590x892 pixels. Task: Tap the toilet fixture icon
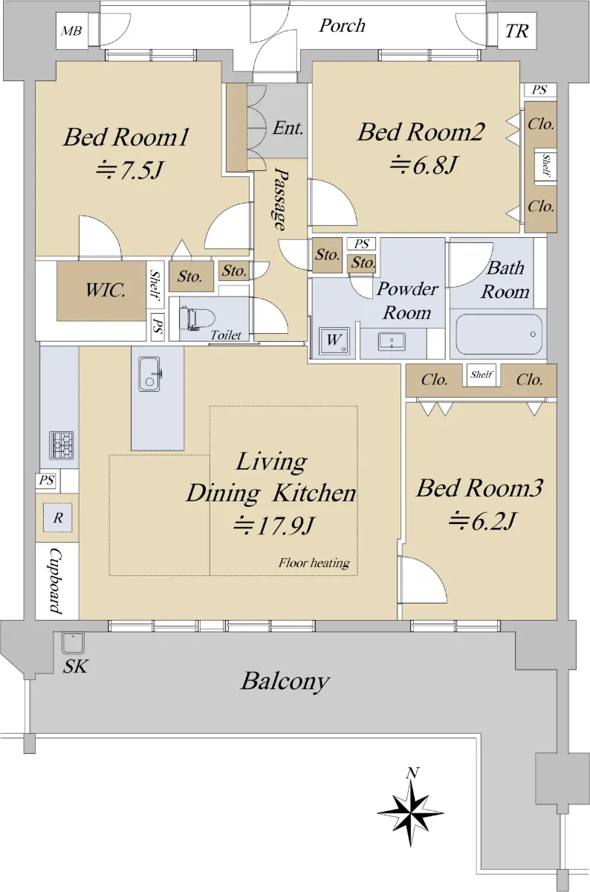click(196, 318)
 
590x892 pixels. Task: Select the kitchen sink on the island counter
click(149, 374)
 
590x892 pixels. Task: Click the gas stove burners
click(62, 445)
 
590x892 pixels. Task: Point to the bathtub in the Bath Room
click(499, 334)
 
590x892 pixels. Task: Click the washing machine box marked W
click(334, 341)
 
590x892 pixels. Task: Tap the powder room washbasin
click(392, 342)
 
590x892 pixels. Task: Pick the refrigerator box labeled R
click(58, 517)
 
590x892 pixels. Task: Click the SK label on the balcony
click(75, 666)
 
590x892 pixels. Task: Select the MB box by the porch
click(72, 31)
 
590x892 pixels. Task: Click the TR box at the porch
click(517, 30)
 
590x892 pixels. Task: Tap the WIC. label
click(106, 290)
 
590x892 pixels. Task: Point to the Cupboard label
click(56, 581)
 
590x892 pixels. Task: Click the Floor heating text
click(314, 563)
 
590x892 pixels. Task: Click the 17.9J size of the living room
click(274, 526)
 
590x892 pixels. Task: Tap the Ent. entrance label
click(288, 128)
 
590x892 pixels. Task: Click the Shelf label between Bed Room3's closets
click(482, 375)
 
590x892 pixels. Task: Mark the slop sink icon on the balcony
click(73, 643)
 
